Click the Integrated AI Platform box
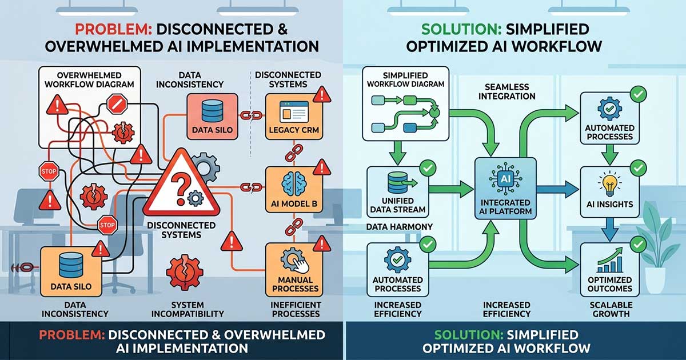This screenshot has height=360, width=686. (506, 189)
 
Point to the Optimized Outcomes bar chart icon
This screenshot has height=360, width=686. (609, 263)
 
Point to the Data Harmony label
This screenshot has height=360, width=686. (399, 227)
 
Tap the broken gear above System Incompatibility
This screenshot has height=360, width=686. (185, 273)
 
